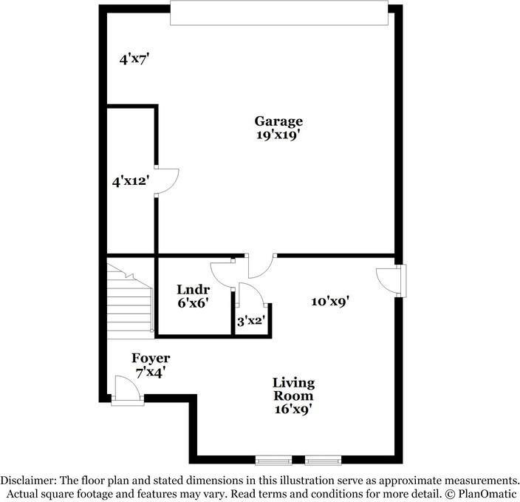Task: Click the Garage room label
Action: (278, 121)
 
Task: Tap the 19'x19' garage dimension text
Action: (278, 135)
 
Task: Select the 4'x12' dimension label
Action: (126, 180)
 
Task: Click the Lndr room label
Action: (194, 289)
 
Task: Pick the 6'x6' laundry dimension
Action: (194, 302)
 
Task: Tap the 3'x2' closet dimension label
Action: (250, 321)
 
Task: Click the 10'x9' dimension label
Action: (329, 301)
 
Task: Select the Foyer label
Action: (151, 359)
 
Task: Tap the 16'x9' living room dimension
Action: (293, 409)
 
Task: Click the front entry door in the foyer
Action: (126, 390)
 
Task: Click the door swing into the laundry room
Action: (222, 274)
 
